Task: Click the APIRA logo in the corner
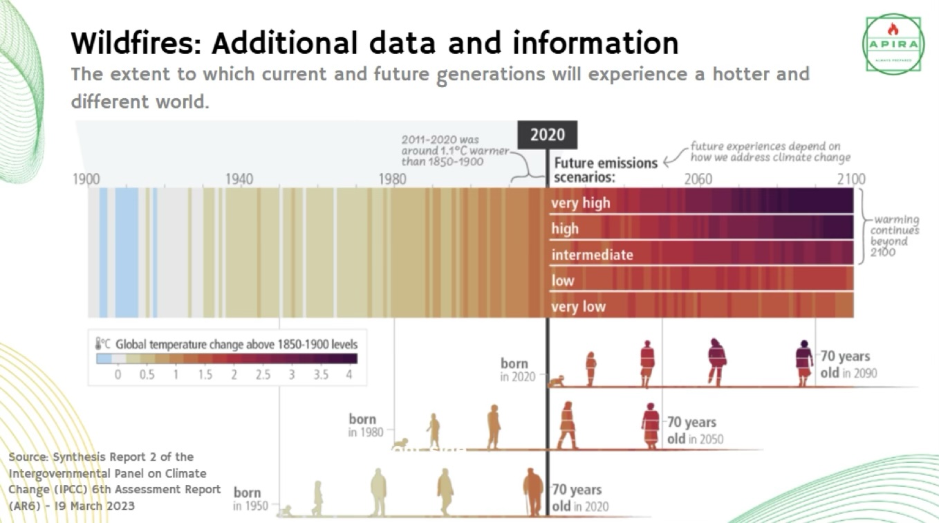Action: tap(893, 44)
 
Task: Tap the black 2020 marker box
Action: tap(547, 134)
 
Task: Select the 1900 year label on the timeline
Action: tap(86, 179)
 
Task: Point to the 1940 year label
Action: tap(239, 179)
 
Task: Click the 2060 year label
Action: tap(698, 179)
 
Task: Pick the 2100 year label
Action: tap(851, 179)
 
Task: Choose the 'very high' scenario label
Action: tap(580, 203)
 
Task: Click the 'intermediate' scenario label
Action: tap(592, 255)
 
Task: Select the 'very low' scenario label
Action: tap(578, 306)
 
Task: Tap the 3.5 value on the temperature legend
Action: tap(320, 374)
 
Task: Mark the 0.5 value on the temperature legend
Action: tap(147, 374)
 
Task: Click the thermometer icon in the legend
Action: tap(100, 344)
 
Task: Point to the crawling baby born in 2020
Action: tap(556, 380)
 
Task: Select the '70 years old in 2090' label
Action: tap(848, 364)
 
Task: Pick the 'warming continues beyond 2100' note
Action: tap(895, 236)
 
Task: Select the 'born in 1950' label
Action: tap(248, 499)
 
